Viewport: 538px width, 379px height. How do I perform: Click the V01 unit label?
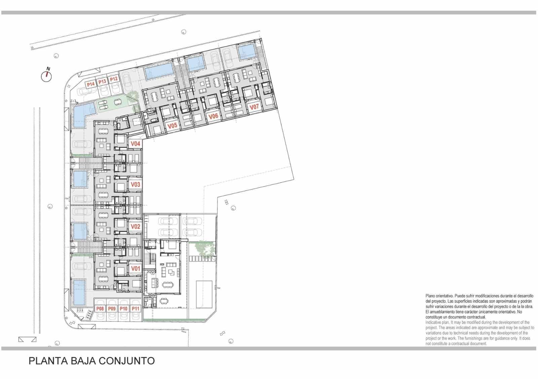tap(135, 268)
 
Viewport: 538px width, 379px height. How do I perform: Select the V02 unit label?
tap(135, 226)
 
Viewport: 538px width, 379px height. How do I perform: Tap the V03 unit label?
tap(135, 184)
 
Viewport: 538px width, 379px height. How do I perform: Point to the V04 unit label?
tap(135, 144)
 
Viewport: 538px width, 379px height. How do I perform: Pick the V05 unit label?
tap(172, 126)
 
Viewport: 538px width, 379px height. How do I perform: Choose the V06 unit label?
tap(214, 116)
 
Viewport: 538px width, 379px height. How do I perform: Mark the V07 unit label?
tap(254, 108)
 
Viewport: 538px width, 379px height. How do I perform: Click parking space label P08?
tap(100, 308)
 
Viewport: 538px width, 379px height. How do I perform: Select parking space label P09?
tap(112, 308)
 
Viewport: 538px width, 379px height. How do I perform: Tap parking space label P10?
tap(124, 308)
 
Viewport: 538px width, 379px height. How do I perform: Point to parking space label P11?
tap(136, 308)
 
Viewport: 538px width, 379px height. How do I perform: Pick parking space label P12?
tap(114, 79)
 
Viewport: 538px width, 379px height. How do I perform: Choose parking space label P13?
tap(102, 81)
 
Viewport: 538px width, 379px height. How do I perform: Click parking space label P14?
tap(90, 84)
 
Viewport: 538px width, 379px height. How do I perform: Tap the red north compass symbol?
tap(47, 76)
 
